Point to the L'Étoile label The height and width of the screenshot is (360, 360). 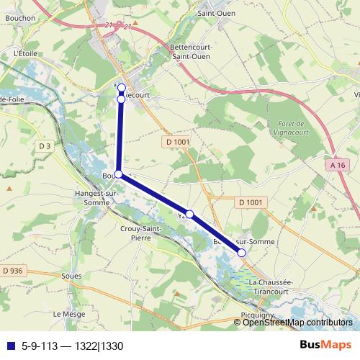[24, 53]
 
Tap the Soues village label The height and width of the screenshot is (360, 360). [72, 274]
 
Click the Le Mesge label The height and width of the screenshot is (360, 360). [66, 315]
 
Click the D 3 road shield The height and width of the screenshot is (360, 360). [45, 146]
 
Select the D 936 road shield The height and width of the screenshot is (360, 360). [13, 270]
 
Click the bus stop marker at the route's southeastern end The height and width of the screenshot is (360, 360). [241, 253]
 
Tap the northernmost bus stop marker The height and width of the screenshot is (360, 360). [122, 88]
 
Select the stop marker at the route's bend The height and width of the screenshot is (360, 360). [118, 174]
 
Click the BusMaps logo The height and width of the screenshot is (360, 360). [325, 344]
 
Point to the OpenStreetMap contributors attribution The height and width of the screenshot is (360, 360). [297, 323]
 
